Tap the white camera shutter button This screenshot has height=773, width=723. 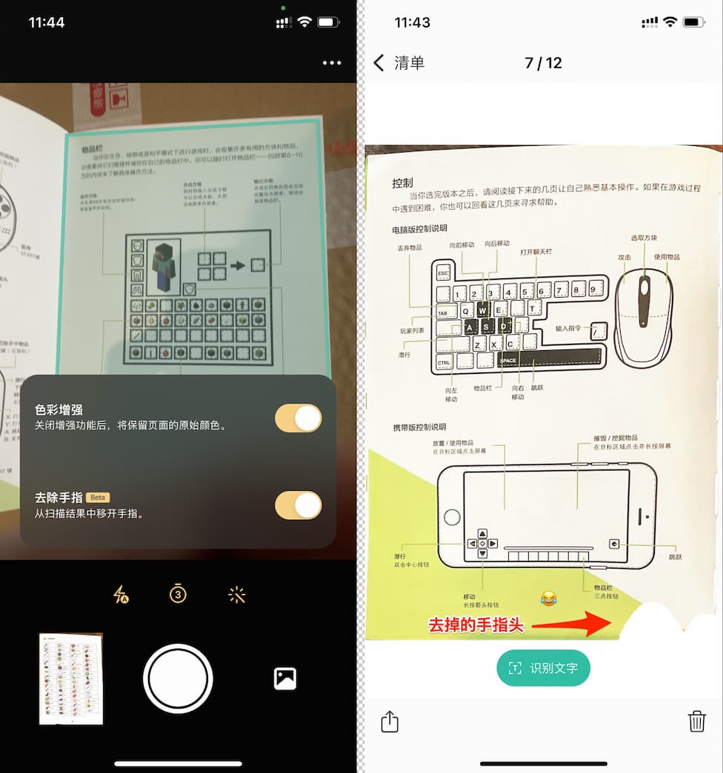point(178,678)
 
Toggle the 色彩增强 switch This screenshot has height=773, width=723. point(298,418)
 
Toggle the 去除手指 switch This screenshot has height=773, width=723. point(298,506)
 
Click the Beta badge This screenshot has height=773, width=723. point(99,498)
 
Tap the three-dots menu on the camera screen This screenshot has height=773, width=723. point(332,63)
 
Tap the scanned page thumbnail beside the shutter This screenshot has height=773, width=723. point(71,678)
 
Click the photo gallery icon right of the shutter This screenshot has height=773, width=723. point(285,678)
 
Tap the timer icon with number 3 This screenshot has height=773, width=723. point(178,594)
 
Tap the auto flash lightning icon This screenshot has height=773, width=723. point(121,594)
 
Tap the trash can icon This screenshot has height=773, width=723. point(696,720)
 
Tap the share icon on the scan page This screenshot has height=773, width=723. point(390,720)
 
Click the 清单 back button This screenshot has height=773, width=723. point(400,63)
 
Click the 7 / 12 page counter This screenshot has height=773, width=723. point(543,63)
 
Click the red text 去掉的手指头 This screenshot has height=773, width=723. point(476,625)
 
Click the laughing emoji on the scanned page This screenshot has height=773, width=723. point(547,598)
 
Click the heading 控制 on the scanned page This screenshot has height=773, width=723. point(403,183)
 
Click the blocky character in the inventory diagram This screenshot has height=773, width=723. point(164,265)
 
